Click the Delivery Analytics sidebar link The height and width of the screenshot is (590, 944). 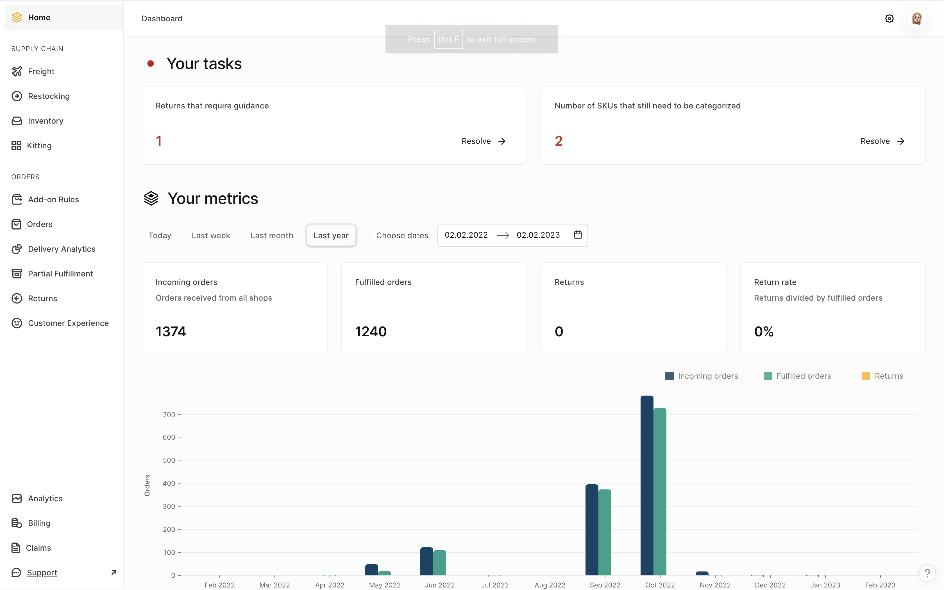point(61,249)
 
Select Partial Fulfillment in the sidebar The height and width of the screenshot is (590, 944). point(60,274)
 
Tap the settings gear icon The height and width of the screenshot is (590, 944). point(889,19)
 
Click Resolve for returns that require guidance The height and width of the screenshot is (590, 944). point(483,141)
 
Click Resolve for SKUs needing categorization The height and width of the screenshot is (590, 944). point(882,141)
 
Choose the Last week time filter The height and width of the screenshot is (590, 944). point(211,235)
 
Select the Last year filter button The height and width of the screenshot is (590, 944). point(331,235)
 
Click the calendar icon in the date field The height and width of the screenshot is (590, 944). point(578,235)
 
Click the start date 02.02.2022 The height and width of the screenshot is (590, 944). point(466,235)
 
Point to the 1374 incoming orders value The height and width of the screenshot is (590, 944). point(171,331)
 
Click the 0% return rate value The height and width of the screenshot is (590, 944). point(763,331)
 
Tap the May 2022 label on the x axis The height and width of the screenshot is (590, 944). point(385,585)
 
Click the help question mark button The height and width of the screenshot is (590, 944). point(927,573)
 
